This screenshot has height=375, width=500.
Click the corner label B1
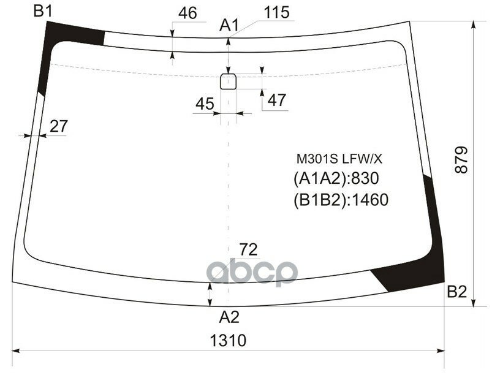[43, 10]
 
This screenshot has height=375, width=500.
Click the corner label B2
[456, 292]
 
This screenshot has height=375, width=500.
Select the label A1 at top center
[229, 26]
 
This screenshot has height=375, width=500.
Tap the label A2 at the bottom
[229, 317]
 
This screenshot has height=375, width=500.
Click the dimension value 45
[205, 104]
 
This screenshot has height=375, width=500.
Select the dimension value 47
[277, 100]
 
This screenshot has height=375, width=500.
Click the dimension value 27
[58, 126]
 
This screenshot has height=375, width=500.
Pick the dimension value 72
[248, 249]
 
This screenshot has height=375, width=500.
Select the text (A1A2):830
[337, 178]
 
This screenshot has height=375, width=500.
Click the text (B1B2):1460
[341, 200]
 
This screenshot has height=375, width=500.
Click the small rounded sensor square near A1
[228, 81]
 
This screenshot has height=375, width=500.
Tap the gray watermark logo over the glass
[252, 272]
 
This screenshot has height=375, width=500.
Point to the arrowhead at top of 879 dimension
[473, 25]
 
